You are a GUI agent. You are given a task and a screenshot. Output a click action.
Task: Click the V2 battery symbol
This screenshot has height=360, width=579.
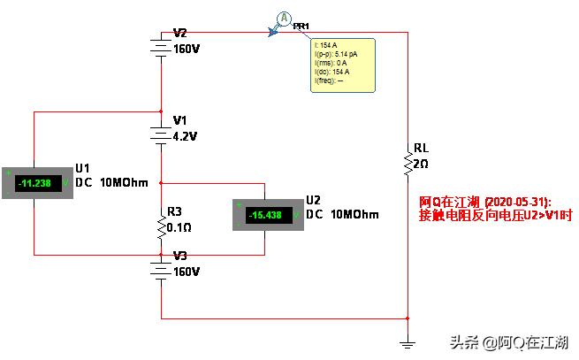click(161, 44)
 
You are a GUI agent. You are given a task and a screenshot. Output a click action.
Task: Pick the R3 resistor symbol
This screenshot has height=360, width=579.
click(161, 226)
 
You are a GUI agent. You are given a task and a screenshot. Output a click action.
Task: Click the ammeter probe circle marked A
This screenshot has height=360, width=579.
click(284, 19)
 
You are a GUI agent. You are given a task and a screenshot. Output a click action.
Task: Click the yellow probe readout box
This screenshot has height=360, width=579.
click(343, 64)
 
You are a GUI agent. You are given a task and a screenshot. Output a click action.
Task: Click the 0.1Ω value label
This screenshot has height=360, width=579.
click(180, 226)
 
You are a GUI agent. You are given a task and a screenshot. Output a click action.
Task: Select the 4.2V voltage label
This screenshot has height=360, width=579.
click(187, 136)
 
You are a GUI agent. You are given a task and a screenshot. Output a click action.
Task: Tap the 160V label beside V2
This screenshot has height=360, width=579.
click(187, 50)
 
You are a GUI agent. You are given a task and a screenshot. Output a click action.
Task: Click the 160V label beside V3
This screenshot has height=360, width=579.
click(187, 272)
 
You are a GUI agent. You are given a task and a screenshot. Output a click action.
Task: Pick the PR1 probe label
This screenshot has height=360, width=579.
click(301, 27)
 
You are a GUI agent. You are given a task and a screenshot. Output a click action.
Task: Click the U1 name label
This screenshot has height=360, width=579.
click(83, 168)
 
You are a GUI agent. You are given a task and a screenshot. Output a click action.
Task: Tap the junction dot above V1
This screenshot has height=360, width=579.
click(161, 112)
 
